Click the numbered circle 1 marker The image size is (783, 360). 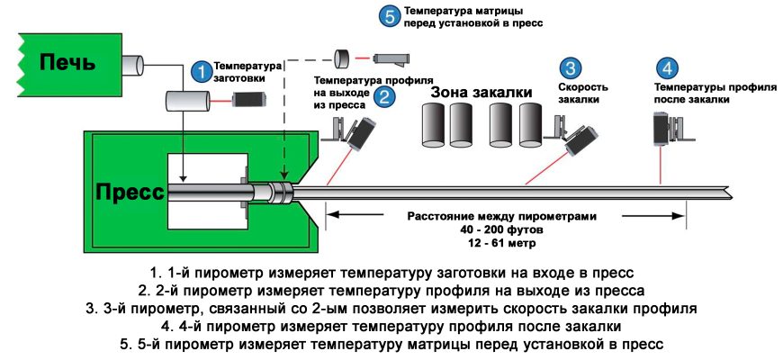202,70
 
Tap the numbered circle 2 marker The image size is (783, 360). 384,95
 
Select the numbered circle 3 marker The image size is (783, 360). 571,69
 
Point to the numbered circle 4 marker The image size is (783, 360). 666,69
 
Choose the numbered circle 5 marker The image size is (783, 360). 389,16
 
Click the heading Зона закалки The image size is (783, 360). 481,92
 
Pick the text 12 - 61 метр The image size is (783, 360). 501,244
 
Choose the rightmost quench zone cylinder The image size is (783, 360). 526,124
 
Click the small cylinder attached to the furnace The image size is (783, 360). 132,64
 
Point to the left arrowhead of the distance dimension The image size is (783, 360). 331,215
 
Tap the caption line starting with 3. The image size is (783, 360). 391,309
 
